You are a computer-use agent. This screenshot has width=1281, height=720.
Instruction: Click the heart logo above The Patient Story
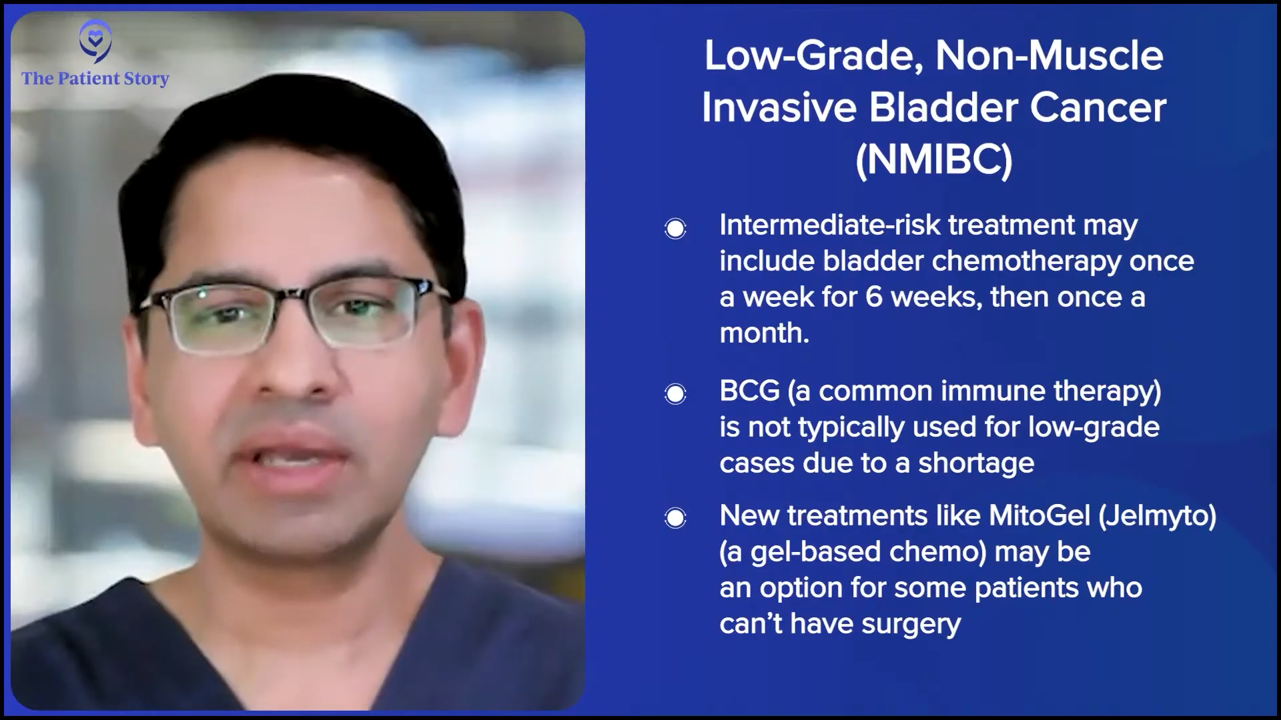(x=95, y=41)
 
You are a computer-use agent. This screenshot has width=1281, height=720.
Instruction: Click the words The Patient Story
(x=95, y=79)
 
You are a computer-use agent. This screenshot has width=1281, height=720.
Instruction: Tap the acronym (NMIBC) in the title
(x=934, y=159)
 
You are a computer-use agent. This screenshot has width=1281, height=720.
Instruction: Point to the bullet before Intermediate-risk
(x=675, y=229)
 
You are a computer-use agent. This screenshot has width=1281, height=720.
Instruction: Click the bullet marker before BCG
(x=675, y=394)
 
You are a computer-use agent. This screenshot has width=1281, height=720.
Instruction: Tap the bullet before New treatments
(x=675, y=518)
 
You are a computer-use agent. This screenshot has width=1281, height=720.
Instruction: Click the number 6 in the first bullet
(x=874, y=297)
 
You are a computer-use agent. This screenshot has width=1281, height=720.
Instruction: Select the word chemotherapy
(x=1026, y=261)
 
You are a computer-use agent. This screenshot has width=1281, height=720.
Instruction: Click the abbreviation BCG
(x=749, y=391)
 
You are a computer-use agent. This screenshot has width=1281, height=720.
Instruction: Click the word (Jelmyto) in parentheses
(x=1157, y=516)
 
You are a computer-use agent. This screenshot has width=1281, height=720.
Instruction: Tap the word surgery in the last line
(x=911, y=625)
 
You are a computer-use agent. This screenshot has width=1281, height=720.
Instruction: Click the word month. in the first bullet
(x=765, y=333)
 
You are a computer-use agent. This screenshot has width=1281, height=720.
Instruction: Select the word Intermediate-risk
(x=830, y=225)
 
